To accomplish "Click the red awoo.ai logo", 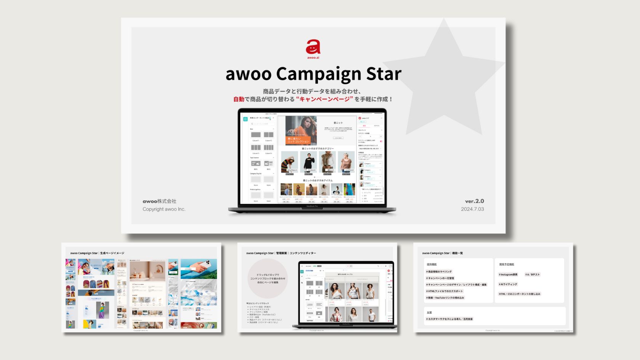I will pyautogui.click(x=313, y=48).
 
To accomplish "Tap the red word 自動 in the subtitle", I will pyautogui.click(x=239, y=99).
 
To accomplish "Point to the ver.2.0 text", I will pyautogui.click(x=474, y=201).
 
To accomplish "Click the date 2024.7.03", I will pyautogui.click(x=472, y=209).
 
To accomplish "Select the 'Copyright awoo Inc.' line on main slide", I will pyautogui.click(x=164, y=209).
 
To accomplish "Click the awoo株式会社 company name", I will pyautogui.click(x=159, y=201).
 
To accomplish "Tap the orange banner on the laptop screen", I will pyautogui.click(x=298, y=140).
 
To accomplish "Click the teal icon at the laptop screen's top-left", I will pyautogui.click(x=245, y=119).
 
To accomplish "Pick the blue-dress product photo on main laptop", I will pyautogui.click(x=349, y=190).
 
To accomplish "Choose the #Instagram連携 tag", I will pyautogui.click(x=508, y=275).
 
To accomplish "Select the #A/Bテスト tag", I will pyautogui.click(x=532, y=275).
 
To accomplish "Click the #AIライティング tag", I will pyautogui.click(x=508, y=284).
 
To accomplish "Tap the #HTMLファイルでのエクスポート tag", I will pyautogui.click(x=445, y=291).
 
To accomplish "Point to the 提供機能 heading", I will pyautogui.click(x=432, y=264).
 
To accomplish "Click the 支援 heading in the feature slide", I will pyautogui.click(x=429, y=312).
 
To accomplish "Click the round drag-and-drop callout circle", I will pyautogui.click(x=267, y=278).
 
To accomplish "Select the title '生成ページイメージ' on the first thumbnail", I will pyautogui.click(x=112, y=253).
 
